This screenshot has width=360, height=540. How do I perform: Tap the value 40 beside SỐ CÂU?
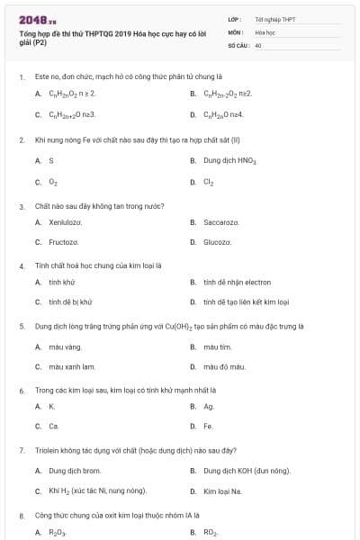click(258, 44)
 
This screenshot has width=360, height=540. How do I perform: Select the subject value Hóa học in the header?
click(264, 31)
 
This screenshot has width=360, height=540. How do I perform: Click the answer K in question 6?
click(51, 406)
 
